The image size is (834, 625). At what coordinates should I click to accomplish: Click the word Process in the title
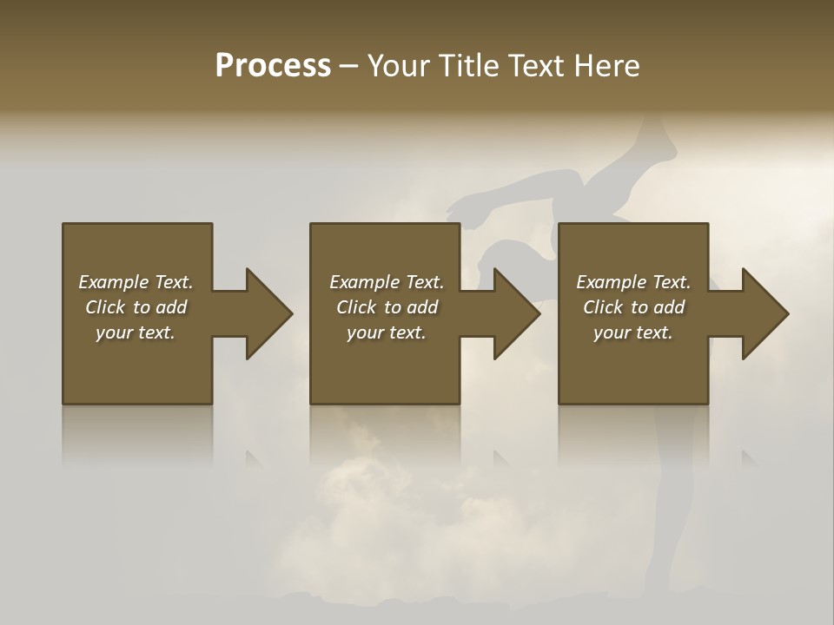tap(273, 66)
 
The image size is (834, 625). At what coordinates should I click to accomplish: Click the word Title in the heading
tap(467, 66)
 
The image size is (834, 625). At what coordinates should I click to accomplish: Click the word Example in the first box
tap(113, 282)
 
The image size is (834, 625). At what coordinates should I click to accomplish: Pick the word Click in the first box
tap(106, 307)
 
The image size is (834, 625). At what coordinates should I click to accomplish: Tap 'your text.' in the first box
tap(136, 332)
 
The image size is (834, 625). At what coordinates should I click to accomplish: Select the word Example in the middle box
tap(364, 282)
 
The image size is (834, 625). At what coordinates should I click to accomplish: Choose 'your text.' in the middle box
tap(387, 332)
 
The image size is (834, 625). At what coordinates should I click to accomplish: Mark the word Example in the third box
tap(611, 282)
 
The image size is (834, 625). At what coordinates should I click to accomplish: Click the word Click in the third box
tap(604, 307)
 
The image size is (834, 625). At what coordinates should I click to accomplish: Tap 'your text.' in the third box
tap(633, 332)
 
